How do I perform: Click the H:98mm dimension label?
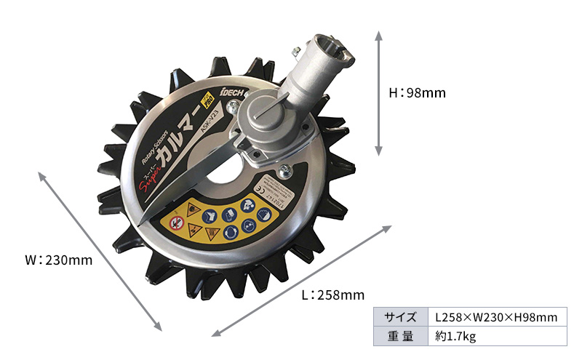[x=417, y=93]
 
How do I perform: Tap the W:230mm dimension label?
[x=59, y=260]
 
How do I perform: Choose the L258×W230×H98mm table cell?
[x=495, y=317]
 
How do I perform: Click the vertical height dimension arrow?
[x=378, y=93]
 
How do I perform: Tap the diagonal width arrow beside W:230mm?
[x=98, y=251]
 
